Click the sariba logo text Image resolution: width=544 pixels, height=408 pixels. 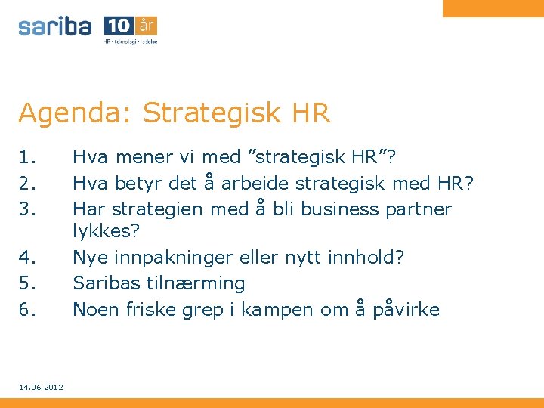(x=55, y=26)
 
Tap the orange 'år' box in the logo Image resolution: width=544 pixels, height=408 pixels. (x=147, y=25)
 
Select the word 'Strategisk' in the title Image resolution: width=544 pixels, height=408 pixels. (x=203, y=113)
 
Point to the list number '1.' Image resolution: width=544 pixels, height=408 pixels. (x=28, y=157)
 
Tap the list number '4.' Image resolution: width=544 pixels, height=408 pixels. (x=28, y=258)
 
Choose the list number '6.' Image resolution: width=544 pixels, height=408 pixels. (x=28, y=309)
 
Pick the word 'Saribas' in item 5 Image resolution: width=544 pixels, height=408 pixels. (x=104, y=283)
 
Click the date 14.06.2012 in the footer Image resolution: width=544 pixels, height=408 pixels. (x=41, y=387)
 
